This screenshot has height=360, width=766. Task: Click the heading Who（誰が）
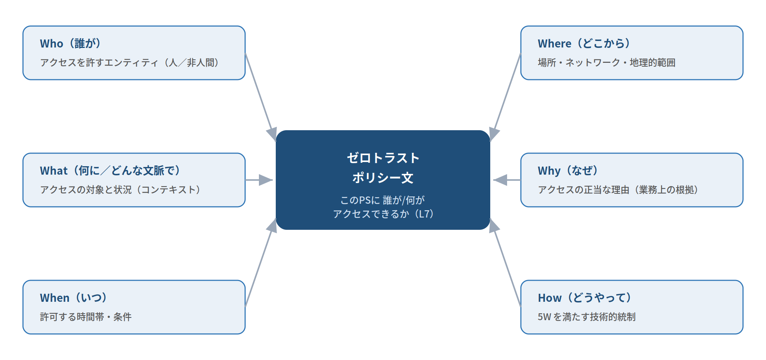tap(70, 44)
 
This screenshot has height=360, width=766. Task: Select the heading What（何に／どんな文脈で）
tap(110, 171)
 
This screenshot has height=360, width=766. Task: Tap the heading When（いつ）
tap(74, 298)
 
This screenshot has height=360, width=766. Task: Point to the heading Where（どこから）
tap(584, 44)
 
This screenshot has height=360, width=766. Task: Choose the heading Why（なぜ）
tap(568, 171)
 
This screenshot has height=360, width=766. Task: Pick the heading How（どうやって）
tap(585, 298)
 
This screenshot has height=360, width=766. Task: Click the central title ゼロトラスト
tap(383, 158)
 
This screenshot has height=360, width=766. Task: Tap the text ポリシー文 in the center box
tap(383, 178)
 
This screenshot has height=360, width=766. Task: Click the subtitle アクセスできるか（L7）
tap(383, 214)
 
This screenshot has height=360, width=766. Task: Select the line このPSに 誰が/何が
tap(383, 200)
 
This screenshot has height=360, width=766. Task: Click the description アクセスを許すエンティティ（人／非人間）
tap(129, 62)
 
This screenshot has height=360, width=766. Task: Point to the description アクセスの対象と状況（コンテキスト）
tap(120, 190)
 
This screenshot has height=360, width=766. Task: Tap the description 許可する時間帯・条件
tap(86, 317)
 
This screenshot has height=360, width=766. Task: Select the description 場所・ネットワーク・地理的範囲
tap(607, 62)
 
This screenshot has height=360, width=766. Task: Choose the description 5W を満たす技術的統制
tap(587, 317)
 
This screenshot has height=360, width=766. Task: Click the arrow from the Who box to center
tap(261, 97)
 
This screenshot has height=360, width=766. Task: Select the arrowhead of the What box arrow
tap(266, 180)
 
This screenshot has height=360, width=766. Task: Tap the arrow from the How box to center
tap(505, 263)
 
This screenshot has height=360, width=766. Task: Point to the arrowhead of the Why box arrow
tap(500, 180)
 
